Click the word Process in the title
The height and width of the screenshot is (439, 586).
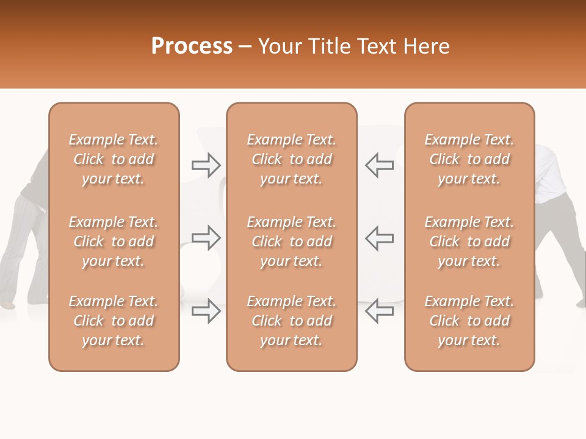[x=192, y=46]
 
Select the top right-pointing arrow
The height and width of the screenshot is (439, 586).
[x=206, y=165]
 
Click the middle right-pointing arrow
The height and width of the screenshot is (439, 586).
[x=206, y=238]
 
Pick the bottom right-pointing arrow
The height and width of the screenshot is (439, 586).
[x=206, y=311]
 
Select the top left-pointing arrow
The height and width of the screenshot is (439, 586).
[x=379, y=165]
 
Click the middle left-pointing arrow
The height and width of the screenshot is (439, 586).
[x=379, y=238]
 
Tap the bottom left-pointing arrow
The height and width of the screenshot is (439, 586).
[x=379, y=311]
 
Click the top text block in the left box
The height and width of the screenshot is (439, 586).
[x=114, y=159]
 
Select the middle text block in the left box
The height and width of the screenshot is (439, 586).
[x=114, y=241]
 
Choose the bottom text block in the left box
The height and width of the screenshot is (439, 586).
[x=114, y=321]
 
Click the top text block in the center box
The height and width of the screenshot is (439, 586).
[x=291, y=159]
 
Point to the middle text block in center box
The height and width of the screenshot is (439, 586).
[x=291, y=241]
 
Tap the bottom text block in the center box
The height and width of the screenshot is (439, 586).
[x=291, y=321]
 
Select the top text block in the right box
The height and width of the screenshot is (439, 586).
[x=469, y=159]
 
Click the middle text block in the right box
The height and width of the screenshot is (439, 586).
[x=469, y=241]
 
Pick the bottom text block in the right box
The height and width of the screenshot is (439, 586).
[x=469, y=321]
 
